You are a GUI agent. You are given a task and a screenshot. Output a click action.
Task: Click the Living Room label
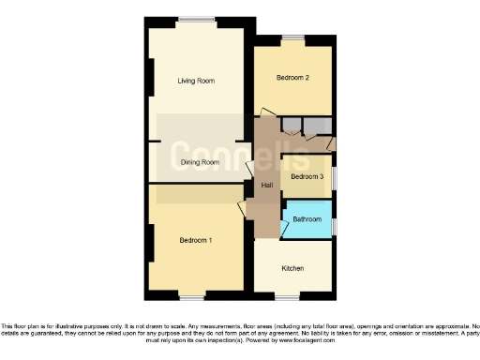coord(196,81)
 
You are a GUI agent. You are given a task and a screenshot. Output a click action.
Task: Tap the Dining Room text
coord(199,162)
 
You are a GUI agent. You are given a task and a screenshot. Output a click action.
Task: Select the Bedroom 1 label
coord(196,241)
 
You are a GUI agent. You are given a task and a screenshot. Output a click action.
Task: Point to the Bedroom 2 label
coord(292,79)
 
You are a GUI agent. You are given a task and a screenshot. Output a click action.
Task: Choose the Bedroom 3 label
coord(307,176)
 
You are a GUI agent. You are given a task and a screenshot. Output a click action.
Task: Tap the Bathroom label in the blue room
coord(307,219)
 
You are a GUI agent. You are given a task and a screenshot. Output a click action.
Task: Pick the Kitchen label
coord(292,269)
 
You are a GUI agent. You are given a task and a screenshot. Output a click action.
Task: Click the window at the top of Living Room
coord(196,19)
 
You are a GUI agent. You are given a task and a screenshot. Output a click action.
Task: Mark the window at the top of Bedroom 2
coord(292,37)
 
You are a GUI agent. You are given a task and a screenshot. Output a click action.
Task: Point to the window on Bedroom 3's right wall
coord(336,176)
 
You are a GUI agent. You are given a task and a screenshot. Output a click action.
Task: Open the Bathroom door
coord(285,217)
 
